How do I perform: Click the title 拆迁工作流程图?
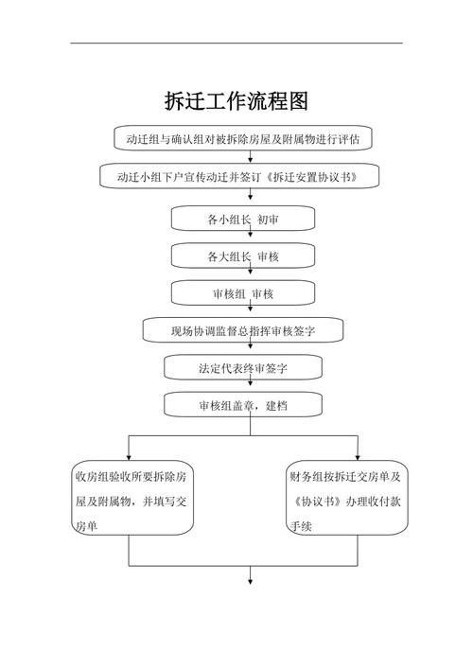click(236, 100)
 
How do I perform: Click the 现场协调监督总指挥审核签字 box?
click(242, 330)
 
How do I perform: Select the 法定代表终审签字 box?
click(242, 367)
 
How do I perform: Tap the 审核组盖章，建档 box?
click(242, 405)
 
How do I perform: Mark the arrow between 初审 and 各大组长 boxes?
click(250, 238)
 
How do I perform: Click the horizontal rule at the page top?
click(236, 43)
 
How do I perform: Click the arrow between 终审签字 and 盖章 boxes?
click(250, 387)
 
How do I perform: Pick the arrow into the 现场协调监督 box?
click(250, 312)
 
